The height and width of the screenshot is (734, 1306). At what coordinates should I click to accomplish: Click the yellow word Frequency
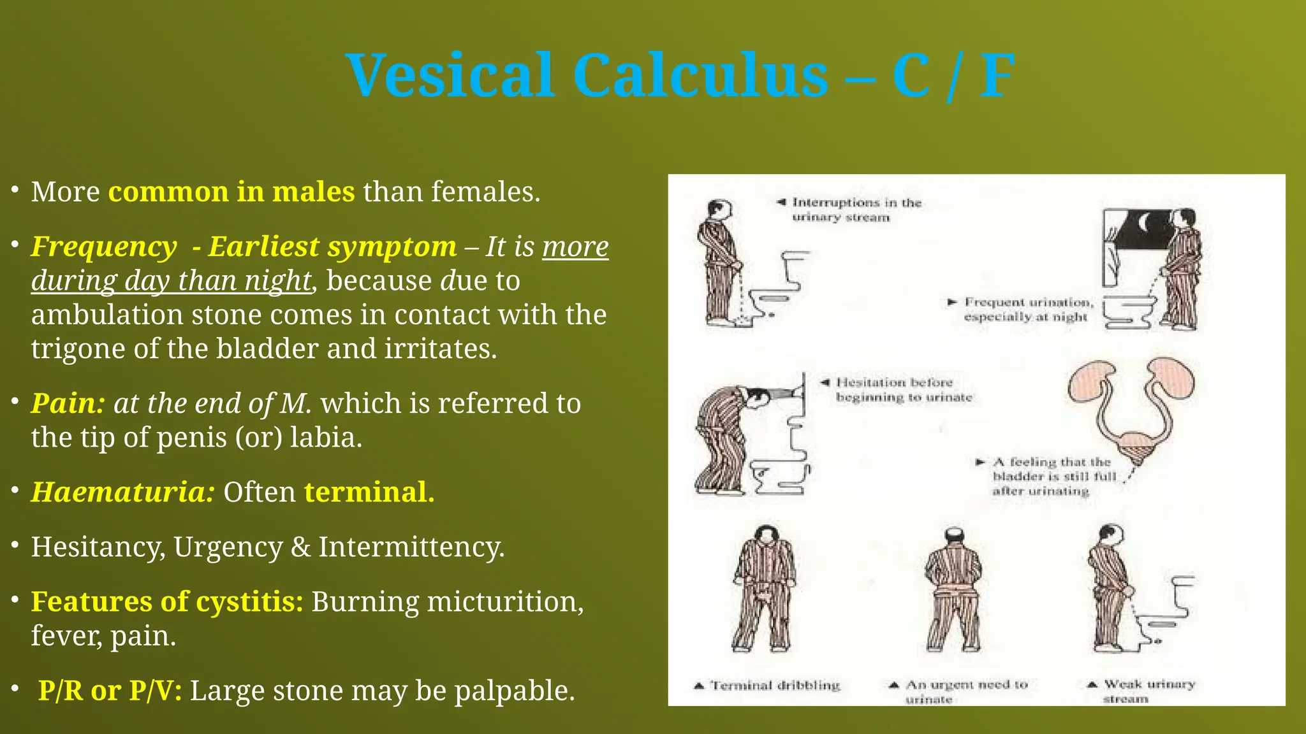[x=104, y=247]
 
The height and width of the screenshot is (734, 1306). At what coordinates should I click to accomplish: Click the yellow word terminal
[x=369, y=492]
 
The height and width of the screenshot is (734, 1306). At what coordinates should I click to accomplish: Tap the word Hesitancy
[x=99, y=547]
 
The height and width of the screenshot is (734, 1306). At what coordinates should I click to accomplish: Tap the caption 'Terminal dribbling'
[x=775, y=686]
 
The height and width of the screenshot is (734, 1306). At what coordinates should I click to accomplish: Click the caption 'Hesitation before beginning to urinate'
[x=902, y=389]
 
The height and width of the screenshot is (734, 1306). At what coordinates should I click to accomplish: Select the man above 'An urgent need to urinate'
[x=953, y=589]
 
